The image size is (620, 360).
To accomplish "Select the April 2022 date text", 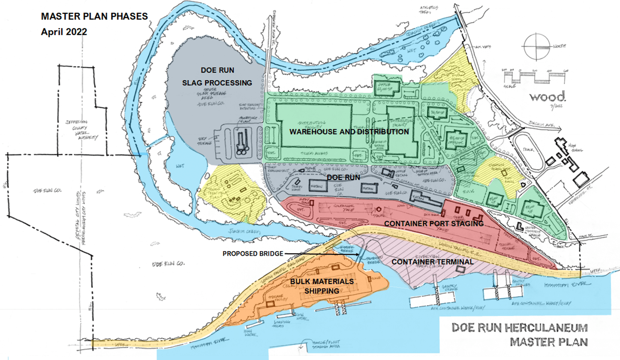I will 64,32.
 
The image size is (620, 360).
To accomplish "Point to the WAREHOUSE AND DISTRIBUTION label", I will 349,132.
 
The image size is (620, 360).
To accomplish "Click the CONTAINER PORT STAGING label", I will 434,224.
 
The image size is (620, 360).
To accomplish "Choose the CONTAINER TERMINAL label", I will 433,261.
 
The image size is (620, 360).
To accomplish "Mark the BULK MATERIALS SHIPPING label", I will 328,286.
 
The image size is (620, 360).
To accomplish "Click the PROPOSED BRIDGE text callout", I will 253,254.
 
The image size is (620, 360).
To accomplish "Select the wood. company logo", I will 548,96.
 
